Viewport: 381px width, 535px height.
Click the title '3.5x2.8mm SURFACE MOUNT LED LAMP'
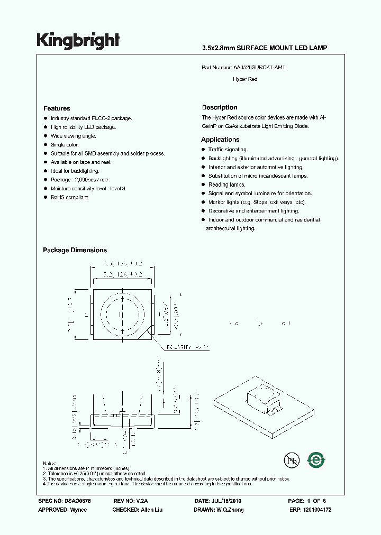pos(265,48)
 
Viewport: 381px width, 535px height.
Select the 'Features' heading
pos(57,108)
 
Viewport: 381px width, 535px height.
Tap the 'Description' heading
pos(220,107)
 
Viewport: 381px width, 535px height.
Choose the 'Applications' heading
pos(220,140)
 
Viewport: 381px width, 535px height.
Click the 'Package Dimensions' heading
pos(75,250)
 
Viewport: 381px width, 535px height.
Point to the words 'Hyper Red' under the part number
pos(245,79)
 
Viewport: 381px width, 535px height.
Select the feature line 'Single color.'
pos(65,145)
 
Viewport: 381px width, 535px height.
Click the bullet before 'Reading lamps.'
pos(203,185)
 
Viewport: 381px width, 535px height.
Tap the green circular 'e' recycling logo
pos(316,460)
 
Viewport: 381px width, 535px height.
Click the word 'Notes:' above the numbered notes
pos(50,463)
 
